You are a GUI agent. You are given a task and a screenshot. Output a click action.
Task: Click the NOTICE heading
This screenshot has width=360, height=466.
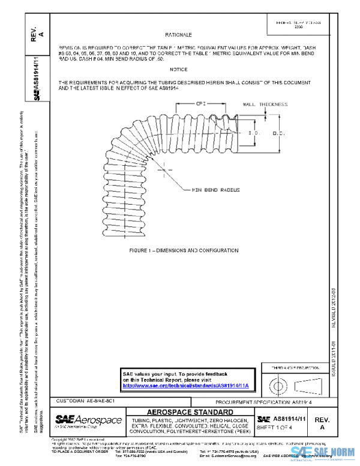click(x=179, y=70)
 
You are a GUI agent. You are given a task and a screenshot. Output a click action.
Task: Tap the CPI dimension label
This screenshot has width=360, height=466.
click(x=202, y=104)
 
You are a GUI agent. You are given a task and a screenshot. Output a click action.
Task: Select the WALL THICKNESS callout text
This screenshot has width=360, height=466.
click(x=265, y=104)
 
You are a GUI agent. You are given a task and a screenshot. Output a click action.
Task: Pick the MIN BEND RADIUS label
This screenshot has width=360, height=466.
click(x=215, y=190)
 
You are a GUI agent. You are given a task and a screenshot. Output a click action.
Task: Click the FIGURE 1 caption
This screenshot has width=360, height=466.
click(x=178, y=250)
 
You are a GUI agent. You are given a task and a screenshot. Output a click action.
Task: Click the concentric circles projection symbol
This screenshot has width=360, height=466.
click(x=277, y=382)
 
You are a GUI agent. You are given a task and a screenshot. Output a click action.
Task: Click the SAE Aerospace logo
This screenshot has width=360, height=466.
click(x=88, y=420)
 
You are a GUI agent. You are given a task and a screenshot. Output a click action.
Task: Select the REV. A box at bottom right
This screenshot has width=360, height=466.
click(x=322, y=423)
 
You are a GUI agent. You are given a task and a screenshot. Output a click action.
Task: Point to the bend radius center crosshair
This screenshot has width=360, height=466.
click(x=166, y=171)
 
